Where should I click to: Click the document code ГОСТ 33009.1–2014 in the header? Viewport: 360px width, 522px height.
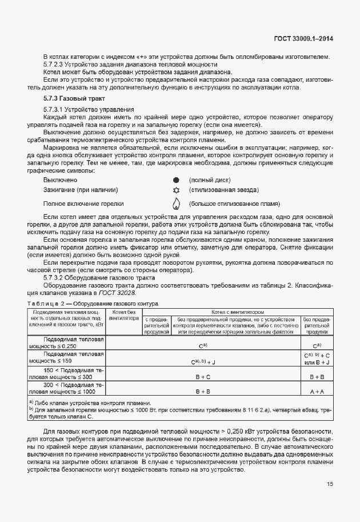coord(303,39)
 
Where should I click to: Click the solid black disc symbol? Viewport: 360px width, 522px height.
coord(176,180)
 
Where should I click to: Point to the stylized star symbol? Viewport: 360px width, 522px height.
coord(176,190)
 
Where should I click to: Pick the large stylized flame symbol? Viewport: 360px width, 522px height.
coord(176,203)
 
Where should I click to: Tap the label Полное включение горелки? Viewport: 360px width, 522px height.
coord(83,204)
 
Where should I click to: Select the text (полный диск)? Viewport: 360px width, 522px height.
coord(209,180)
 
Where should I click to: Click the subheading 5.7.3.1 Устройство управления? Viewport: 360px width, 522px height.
coord(89,109)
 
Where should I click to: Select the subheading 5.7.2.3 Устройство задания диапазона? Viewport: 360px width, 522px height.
coord(100,65)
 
